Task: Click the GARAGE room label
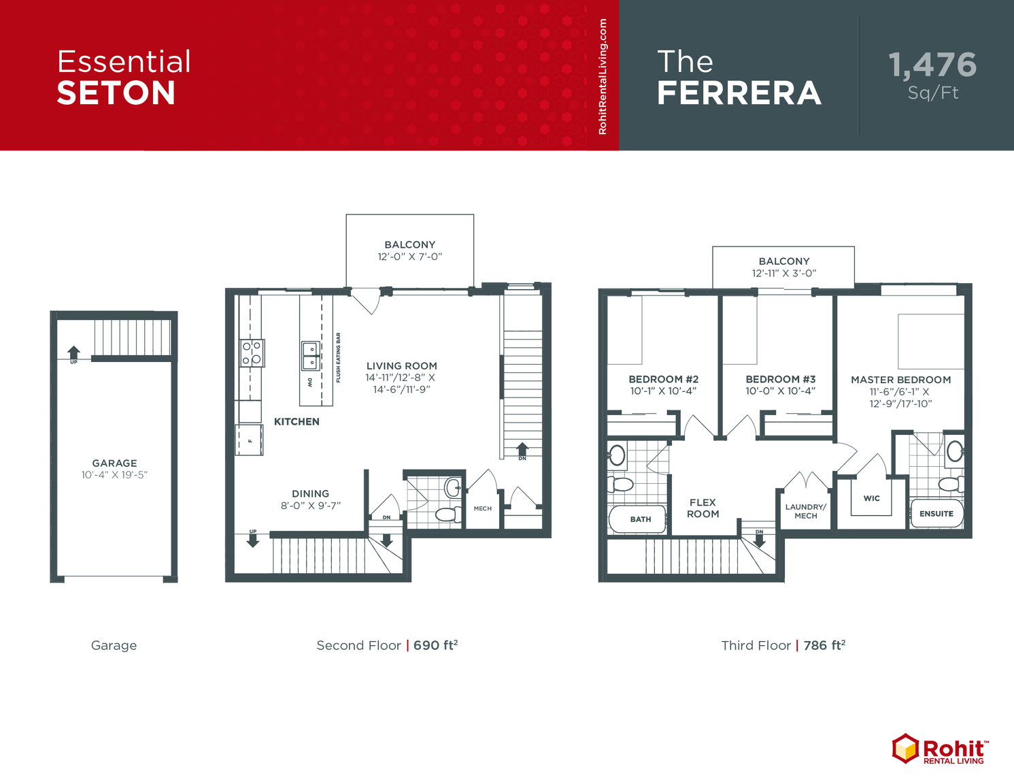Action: click(114, 463)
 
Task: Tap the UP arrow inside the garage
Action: click(73, 353)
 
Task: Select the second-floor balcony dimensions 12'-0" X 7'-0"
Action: click(410, 257)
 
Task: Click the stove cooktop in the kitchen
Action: click(252, 353)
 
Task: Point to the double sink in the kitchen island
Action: click(311, 355)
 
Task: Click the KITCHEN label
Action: click(297, 422)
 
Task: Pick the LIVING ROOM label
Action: click(401, 366)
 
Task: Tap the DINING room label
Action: click(310, 493)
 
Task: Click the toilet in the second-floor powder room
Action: click(447, 514)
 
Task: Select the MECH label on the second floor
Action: click(482, 508)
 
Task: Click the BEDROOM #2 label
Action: click(663, 379)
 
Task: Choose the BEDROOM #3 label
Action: click(780, 379)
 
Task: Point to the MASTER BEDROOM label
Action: click(900, 380)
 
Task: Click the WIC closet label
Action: click(871, 498)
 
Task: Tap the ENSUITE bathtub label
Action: click(936, 514)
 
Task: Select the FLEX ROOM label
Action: click(703, 508)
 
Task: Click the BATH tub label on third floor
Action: click(640, 519)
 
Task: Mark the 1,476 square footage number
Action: click(932, 65)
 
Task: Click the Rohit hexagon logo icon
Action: click(905, 749)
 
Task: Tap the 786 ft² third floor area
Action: click(824, 645)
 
